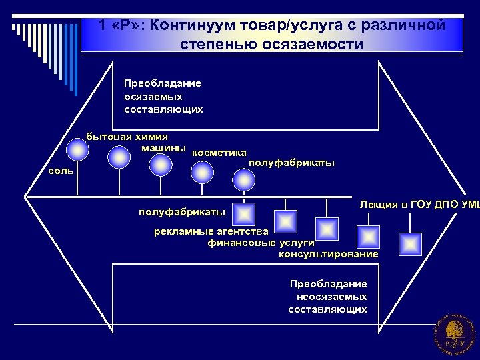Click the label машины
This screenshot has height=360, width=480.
click(x=163, y=147)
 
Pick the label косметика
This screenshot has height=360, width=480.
click(x=219, y=153)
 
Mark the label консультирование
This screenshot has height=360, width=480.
click(x=328, y=254)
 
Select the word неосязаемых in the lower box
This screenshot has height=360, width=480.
click(x=331, y=297)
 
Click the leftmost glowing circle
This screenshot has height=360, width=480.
click(x=79, y=149)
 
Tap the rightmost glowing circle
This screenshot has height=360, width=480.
click(x=244, y=180)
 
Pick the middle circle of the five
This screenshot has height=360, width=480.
click(x=161, y=164)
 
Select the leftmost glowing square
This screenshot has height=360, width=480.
click(x=244, y=214)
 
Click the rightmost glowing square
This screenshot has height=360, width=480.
click(x=410, y=244)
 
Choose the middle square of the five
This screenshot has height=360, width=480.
click(x=327, y=229)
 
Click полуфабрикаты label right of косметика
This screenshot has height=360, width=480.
click(x=291, y=163)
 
